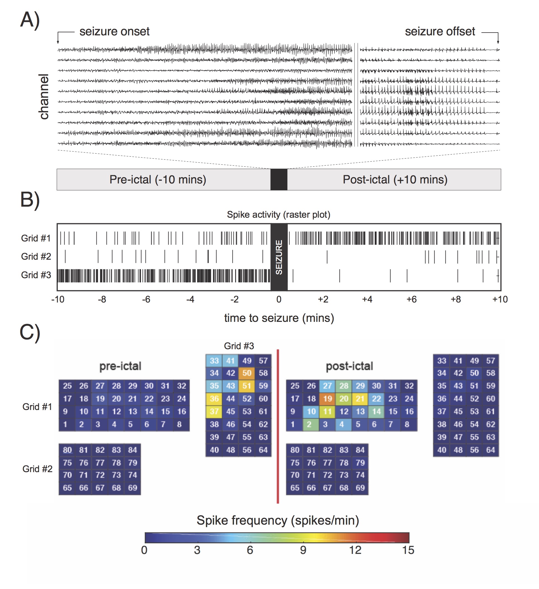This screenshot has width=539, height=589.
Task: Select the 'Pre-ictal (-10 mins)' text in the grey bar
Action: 158,180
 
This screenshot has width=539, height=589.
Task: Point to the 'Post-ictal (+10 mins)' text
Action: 395,180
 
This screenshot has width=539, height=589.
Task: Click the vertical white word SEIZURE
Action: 279,257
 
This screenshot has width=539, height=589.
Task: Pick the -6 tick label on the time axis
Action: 146,299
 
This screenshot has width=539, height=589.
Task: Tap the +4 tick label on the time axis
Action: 367,299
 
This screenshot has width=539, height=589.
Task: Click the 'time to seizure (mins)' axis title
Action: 279,318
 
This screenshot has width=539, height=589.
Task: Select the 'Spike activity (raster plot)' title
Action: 279,215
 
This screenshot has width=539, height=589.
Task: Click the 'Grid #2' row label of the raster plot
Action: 36,257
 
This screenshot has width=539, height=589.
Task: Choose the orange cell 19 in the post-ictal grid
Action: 327,399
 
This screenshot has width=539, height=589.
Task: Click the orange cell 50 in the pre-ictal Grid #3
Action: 247,373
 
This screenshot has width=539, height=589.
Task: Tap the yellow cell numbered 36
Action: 214,399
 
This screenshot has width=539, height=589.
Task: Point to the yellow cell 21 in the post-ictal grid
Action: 360,399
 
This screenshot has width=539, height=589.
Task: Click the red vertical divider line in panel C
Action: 278,427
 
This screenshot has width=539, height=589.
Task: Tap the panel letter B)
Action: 30,200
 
